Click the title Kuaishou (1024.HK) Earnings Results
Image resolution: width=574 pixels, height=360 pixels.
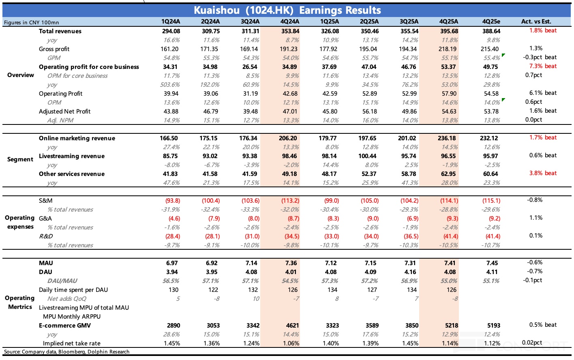coord(287,10)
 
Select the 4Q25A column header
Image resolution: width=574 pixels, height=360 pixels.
coord(448,22)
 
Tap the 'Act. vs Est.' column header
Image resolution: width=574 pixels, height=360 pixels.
coord(536,22)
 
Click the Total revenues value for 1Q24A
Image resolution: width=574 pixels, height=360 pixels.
coord(171,31)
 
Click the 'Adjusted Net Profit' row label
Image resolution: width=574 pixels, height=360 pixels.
coord(64,111)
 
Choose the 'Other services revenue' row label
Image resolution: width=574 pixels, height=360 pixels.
coord(71,174)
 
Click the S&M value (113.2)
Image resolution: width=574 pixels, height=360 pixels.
coord(289,201)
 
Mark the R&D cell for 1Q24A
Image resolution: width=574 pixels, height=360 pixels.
coord(173,236)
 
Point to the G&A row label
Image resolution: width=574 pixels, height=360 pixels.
coord(45,219)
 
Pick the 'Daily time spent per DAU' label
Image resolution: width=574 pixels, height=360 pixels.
coord(73,290)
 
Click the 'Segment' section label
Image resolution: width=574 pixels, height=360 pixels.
coord(20,159)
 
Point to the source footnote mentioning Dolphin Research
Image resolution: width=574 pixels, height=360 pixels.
coord(66,352)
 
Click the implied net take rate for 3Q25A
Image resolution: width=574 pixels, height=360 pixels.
coord(410,343)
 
